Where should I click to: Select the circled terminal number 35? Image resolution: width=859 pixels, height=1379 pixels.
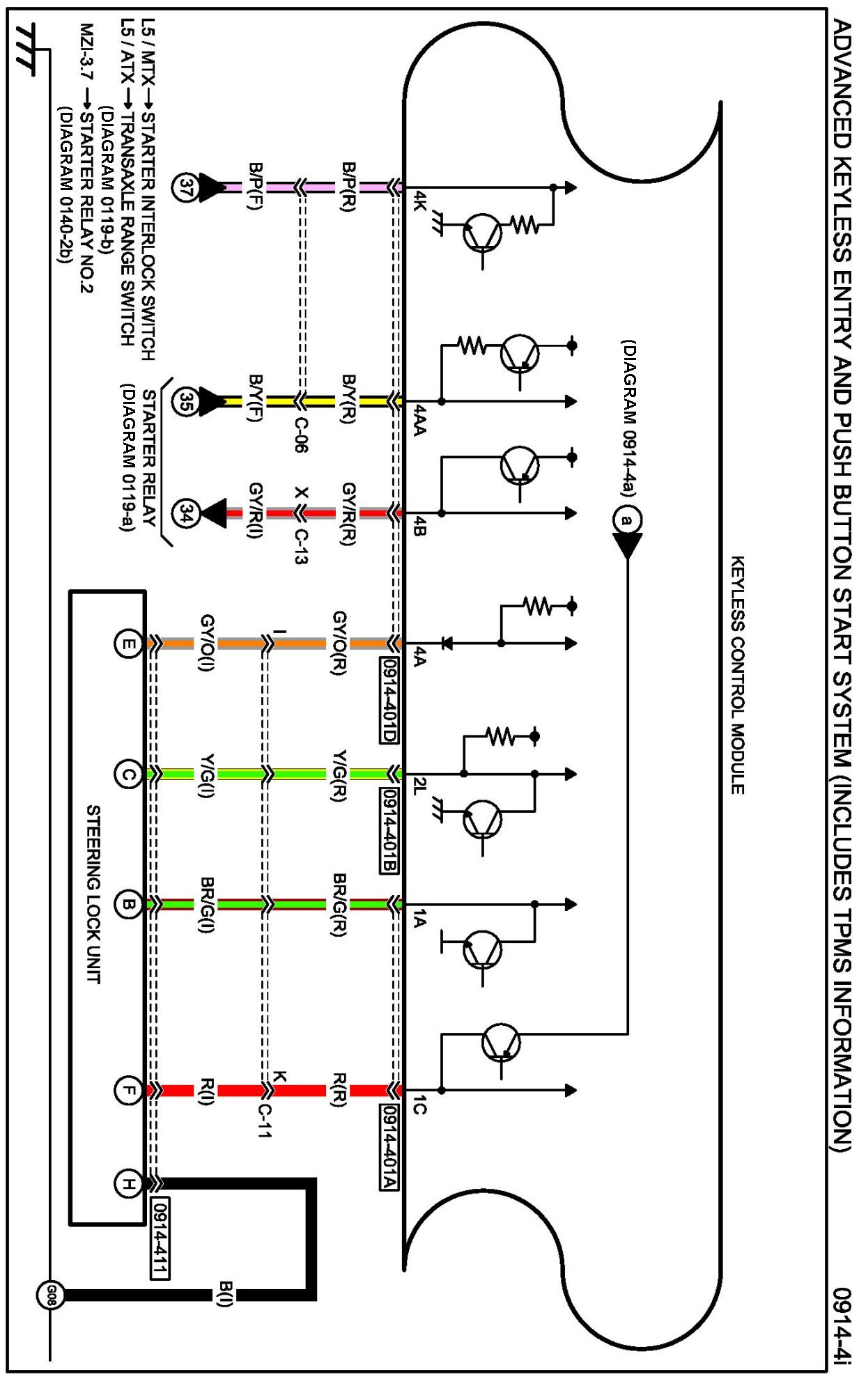click(x=185, y=402)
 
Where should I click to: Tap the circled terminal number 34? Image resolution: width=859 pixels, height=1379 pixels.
click(x=185, y=514)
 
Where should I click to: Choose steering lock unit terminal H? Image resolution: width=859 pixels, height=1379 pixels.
click(x=127, y=1183)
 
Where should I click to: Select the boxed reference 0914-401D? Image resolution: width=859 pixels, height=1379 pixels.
click(x=389, y=700)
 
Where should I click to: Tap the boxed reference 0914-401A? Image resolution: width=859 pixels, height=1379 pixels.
click(x=389, y=1147)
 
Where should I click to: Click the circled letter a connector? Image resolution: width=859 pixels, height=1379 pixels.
click(x=627, y=520)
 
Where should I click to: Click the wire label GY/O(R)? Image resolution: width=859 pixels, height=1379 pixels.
click(x=339, y=643)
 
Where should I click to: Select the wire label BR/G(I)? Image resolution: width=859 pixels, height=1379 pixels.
click(x=207, y=905)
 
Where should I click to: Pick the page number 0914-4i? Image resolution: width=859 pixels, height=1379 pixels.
click(x=842, y=1323)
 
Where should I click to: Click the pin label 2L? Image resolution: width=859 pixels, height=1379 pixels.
click(x=419, y=787)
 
